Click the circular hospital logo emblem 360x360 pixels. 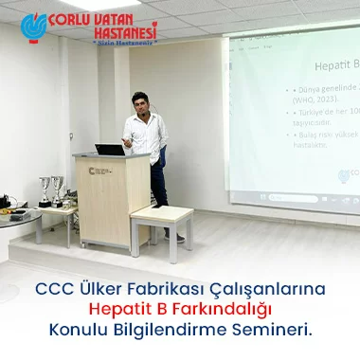(34, 28)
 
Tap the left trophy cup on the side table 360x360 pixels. (44, 188)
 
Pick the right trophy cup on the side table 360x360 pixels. (60, 187)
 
